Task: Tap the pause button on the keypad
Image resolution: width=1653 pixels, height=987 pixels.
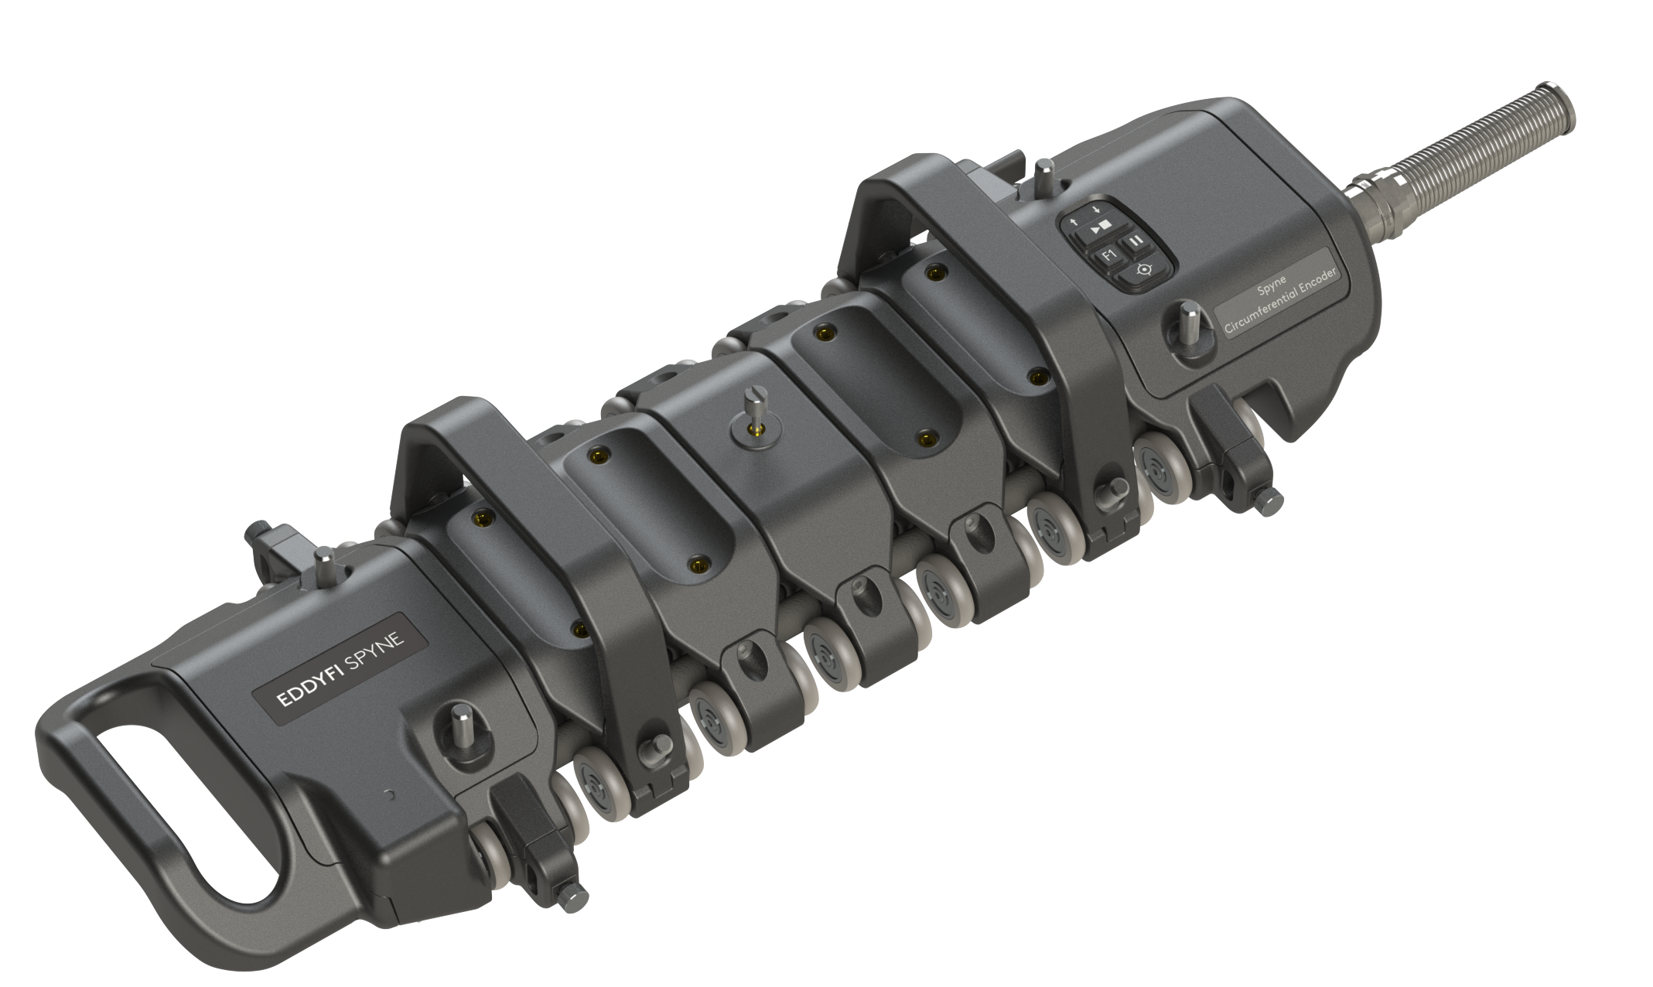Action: pos(1134,241)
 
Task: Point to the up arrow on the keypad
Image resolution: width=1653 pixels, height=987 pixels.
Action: pos(1075,223)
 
